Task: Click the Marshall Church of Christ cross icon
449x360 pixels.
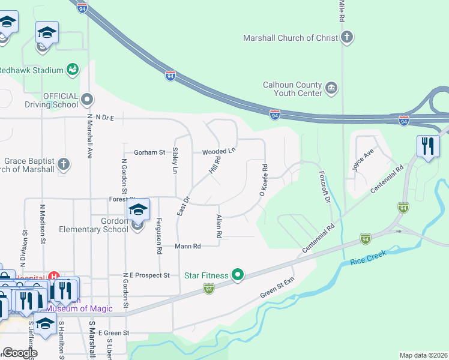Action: (346, 38)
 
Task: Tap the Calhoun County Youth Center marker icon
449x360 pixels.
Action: (331, 89)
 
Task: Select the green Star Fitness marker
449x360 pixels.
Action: (238, 275)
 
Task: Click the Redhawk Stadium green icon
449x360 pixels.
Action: (73, 70)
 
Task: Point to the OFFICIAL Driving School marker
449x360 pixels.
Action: (88, 100)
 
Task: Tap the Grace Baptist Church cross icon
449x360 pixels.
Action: (63, 163)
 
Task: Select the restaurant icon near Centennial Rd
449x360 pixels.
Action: (427, 146)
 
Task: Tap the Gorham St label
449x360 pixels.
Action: (149, 152)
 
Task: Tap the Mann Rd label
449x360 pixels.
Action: (188, 246)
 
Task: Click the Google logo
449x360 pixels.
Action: (20, 353)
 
